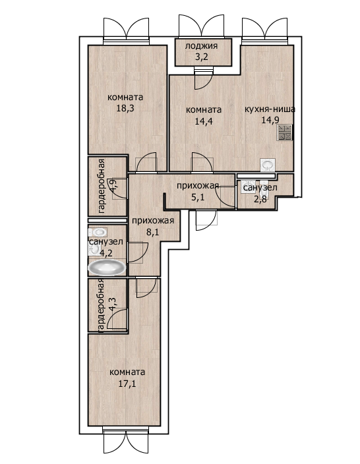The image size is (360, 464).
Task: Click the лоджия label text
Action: click(201, 46)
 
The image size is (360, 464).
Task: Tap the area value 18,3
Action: click(125, 108)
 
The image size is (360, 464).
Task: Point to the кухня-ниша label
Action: click(270, 109)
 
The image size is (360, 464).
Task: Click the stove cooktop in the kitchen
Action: click(285, 132)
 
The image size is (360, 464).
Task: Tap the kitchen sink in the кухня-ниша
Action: click(268, 165)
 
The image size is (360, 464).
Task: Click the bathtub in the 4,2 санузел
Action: click(107, 268)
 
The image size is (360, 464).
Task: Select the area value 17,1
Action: click(127, 384)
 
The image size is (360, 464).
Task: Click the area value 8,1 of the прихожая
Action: click(153, 232)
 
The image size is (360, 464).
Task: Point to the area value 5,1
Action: click(198, 197)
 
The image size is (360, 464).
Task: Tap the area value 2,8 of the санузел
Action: click(260, 198)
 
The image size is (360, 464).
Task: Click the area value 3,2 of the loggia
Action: click(201, 57)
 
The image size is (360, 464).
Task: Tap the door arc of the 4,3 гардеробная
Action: click(117, 319)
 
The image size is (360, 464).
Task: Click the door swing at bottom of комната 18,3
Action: click(146, 162)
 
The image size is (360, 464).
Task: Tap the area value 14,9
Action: click(270, 120)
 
